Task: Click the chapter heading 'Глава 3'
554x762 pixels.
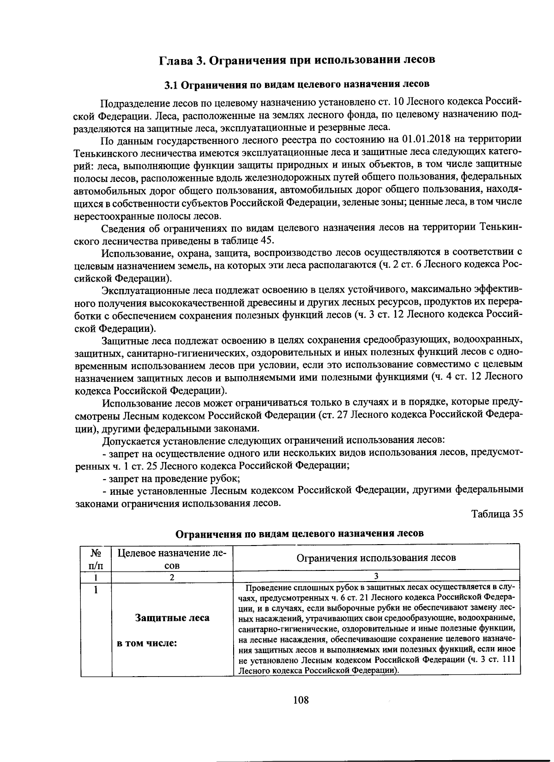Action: pos(182,60)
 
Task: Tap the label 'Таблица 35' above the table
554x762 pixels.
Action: pos(497,514)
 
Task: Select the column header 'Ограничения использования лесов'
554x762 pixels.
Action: pos(376,558)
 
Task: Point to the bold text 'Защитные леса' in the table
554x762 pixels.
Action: pos(172,618)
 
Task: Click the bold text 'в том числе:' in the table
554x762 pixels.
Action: pos(147,643)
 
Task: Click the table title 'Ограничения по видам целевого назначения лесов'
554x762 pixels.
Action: pos(300,534)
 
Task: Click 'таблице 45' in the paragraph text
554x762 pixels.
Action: pos(249,240)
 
